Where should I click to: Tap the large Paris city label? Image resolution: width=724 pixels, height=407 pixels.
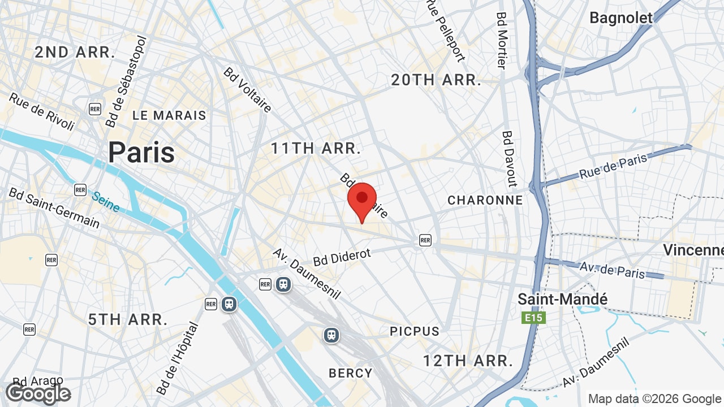141,152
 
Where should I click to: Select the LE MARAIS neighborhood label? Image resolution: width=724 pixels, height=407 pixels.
169,115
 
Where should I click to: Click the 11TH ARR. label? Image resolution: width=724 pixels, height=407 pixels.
316,149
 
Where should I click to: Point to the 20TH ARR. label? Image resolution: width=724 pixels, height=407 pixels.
436,80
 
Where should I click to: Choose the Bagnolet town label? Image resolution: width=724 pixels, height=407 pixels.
621,18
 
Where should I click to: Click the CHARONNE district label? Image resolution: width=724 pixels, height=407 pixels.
485,200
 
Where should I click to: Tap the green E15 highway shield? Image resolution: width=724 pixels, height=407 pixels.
533,318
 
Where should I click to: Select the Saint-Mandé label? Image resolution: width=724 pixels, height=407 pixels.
562,299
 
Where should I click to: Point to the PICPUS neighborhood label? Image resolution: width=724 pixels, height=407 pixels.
414,331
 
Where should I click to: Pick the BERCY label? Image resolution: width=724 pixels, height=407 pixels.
351,373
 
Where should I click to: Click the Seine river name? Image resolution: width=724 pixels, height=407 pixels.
106,202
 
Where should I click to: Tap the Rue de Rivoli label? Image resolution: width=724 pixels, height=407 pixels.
41,111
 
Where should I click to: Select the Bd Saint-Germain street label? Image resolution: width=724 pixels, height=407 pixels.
54,207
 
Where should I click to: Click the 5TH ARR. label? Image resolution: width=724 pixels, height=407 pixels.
128,319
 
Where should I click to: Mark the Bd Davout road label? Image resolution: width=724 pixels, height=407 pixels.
510,159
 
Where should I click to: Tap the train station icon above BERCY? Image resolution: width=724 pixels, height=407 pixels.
331,335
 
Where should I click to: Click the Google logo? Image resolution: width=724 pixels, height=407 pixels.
38,394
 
